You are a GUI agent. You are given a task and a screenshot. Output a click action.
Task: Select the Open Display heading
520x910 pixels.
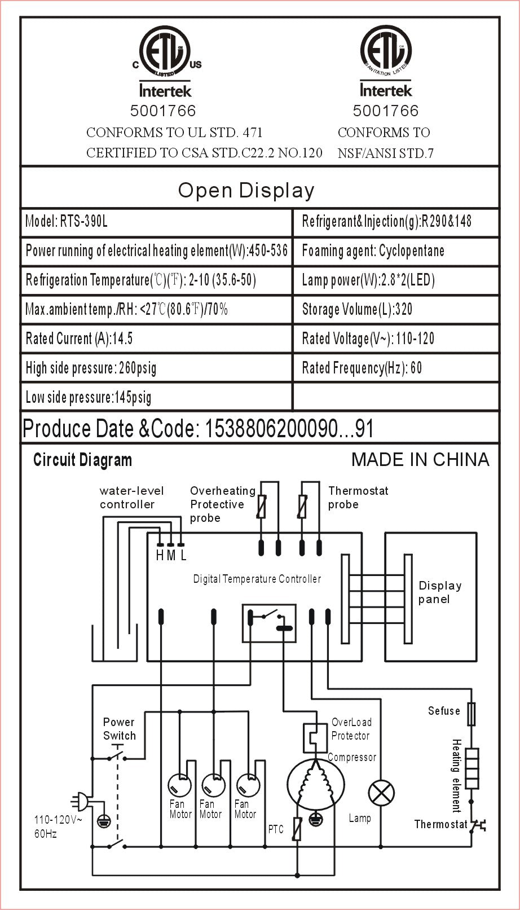click(x=246, y=191)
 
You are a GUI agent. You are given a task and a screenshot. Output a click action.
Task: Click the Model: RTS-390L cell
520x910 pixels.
click(x=156, y=221)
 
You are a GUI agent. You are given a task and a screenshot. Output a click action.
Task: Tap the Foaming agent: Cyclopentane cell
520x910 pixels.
click(x=395, y=250)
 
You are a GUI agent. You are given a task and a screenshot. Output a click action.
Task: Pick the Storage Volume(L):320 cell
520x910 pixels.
click(x=395, y=309)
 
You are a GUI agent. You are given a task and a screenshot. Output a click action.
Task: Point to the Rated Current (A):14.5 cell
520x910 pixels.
click(x=156, y=338)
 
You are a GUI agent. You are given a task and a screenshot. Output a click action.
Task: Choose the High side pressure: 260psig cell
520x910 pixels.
click(x=156, y=368)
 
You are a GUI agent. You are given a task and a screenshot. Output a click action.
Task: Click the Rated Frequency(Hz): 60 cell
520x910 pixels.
click(x=395, y=368)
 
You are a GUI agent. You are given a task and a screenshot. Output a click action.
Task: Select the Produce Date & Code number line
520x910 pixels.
click(x=199, y=429)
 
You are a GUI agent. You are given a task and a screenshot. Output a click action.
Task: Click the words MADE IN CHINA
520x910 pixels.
click(x=420, y=459)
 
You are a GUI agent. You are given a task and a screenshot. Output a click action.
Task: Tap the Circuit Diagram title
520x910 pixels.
click(x=82, y=460)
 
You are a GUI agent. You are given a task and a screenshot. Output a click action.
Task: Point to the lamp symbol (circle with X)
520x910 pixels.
click(x=381, y=794)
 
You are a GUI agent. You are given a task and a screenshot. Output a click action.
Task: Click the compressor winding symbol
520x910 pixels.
click(x=316, y=784)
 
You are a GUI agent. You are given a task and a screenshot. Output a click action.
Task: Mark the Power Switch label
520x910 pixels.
click(x=119, y=728)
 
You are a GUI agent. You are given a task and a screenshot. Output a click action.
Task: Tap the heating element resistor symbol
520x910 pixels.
click(x=471, y=768)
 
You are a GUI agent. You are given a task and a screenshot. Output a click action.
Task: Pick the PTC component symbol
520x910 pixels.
click(x=297, y=829)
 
